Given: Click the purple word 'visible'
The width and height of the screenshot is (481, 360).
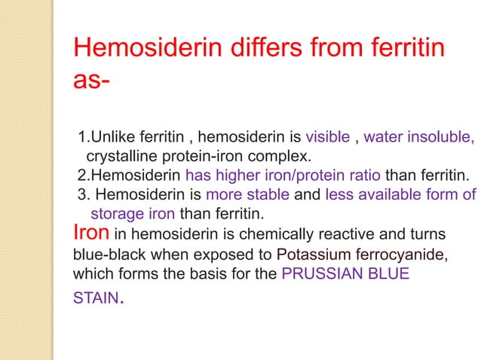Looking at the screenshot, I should [x=328, y=138].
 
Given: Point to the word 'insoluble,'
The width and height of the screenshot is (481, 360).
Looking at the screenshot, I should [x=443, y=138].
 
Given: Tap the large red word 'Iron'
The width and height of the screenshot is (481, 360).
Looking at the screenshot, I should [x=91, y=233].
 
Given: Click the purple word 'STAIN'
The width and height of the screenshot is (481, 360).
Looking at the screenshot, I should [x=94, y=299].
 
